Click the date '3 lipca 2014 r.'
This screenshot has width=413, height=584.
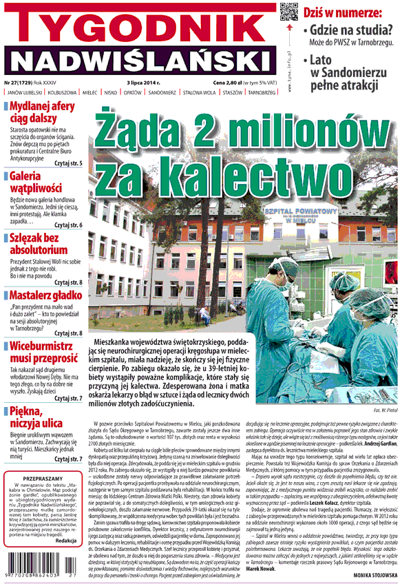click(144, 82)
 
